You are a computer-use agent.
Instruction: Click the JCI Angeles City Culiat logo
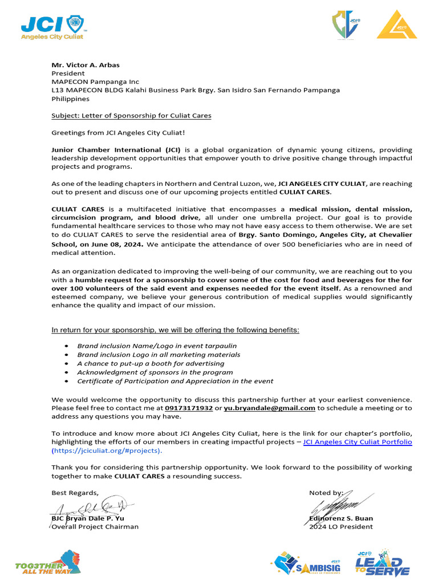click(x=53, y=27)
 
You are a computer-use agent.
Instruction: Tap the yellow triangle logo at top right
click(x=396, y=25)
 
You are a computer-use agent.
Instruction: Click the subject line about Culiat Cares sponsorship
click(x=131, y=116)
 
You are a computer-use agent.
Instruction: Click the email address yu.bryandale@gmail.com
click(x=269, y=408)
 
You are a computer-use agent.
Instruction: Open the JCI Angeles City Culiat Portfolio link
click(x=358, y=442)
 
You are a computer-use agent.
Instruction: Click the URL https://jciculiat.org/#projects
click(x=107, y=451)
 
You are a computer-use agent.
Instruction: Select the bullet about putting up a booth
click(x=151, y=363)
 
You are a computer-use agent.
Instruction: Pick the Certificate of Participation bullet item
click(x=175, y=381)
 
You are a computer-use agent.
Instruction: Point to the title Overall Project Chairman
click(x=95, y=526)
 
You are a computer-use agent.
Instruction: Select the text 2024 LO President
click(x=340, y=526)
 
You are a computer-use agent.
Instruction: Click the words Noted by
click(x=326, y=493)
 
